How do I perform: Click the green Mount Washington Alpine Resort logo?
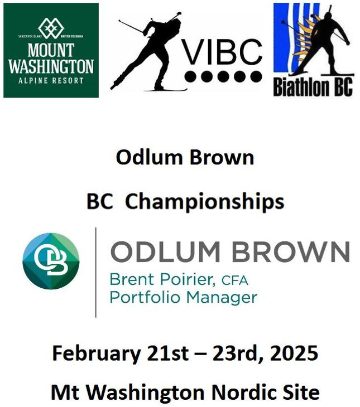pyautogui.click(x=51, y=50)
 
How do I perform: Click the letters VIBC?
pyautogui.click(x=223, y=52)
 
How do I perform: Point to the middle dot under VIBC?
pyautogui.click(x=223, y=76)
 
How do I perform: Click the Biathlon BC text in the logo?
pyautogui.click(x=313, y=87)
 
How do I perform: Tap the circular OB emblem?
pyautogui.click(x=51, y=261)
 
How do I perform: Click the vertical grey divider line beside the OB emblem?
pyautogui.click(x=96, y=272)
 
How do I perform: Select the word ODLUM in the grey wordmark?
pyautogui.click(x=165, y=251)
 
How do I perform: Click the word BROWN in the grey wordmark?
pyautogui.click(x=291, y=251)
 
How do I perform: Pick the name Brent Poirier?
pyautogui.click(x=162, y=279)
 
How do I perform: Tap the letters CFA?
pyautogui.click(x=235, y=280)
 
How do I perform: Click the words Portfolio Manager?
pyautogui.click(x=184, y=297)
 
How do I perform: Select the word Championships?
pyautogui.click(x=205, y=202)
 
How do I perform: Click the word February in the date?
pyautogui.click(x=97, y=353)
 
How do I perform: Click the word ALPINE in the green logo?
pyautogui.click(x=33, y=80)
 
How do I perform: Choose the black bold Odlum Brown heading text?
pyautogui.click(x=185, y=157)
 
